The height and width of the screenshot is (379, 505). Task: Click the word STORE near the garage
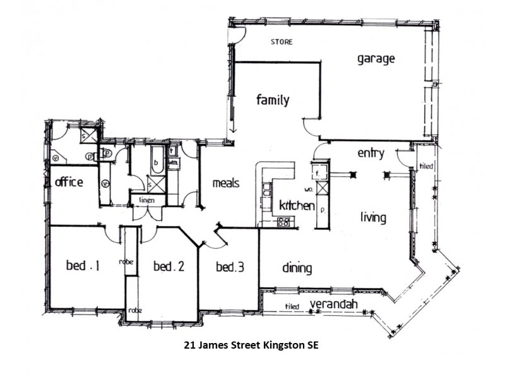coord(282,42)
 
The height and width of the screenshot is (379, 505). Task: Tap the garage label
coord(376,59)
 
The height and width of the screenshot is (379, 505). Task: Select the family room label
coord(272,100)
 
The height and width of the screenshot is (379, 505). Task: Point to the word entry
coord(371,153)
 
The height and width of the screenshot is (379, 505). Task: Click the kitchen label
coord(297,206)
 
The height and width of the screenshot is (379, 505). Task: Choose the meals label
coord(225,183)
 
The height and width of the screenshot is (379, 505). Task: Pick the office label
coord(69,183)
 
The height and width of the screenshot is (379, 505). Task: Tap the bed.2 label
coord(169,267)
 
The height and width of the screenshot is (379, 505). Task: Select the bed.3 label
coord(229,267)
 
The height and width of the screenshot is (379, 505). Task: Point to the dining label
coord(297,268)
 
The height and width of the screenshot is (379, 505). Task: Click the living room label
coord(373,218)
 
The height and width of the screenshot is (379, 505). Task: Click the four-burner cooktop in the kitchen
coord(283,221)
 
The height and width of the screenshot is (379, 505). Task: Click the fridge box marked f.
coord(318,171)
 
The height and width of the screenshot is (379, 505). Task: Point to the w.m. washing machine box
coord(173,163)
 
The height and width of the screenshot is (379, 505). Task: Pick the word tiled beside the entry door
coord(426,167)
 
